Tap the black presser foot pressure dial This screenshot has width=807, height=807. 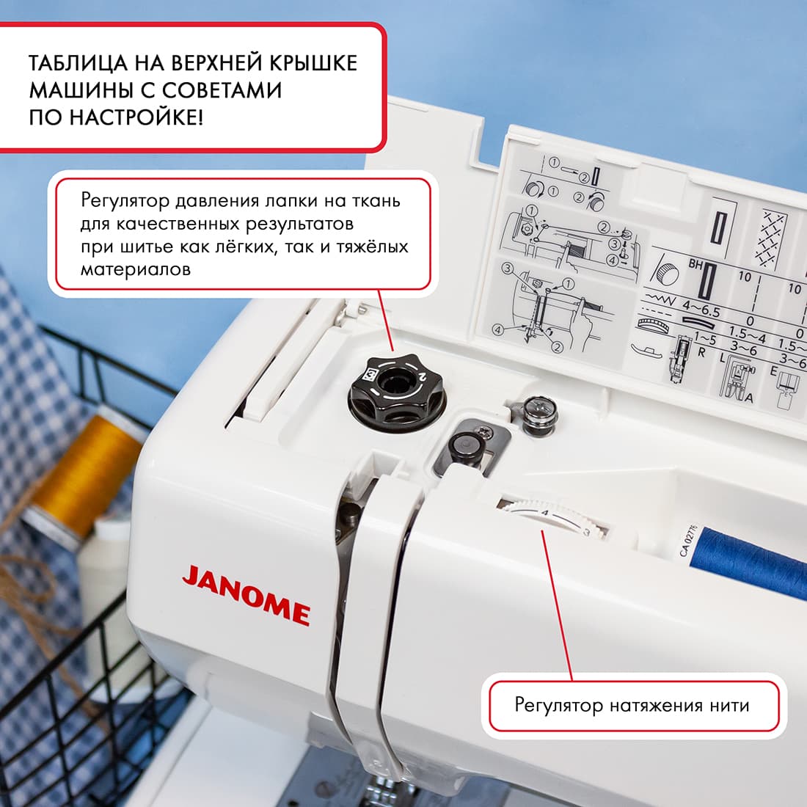click(397, 389)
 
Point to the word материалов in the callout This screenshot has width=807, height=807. click(135, 269)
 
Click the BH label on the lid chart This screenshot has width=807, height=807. click(695, 265)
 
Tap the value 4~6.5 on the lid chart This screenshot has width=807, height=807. click(701, 309)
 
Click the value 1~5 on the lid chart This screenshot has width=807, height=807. click(704, 339)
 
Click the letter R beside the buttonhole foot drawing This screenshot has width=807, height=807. click(701, 352)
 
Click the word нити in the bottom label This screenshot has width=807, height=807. click(729, 706)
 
